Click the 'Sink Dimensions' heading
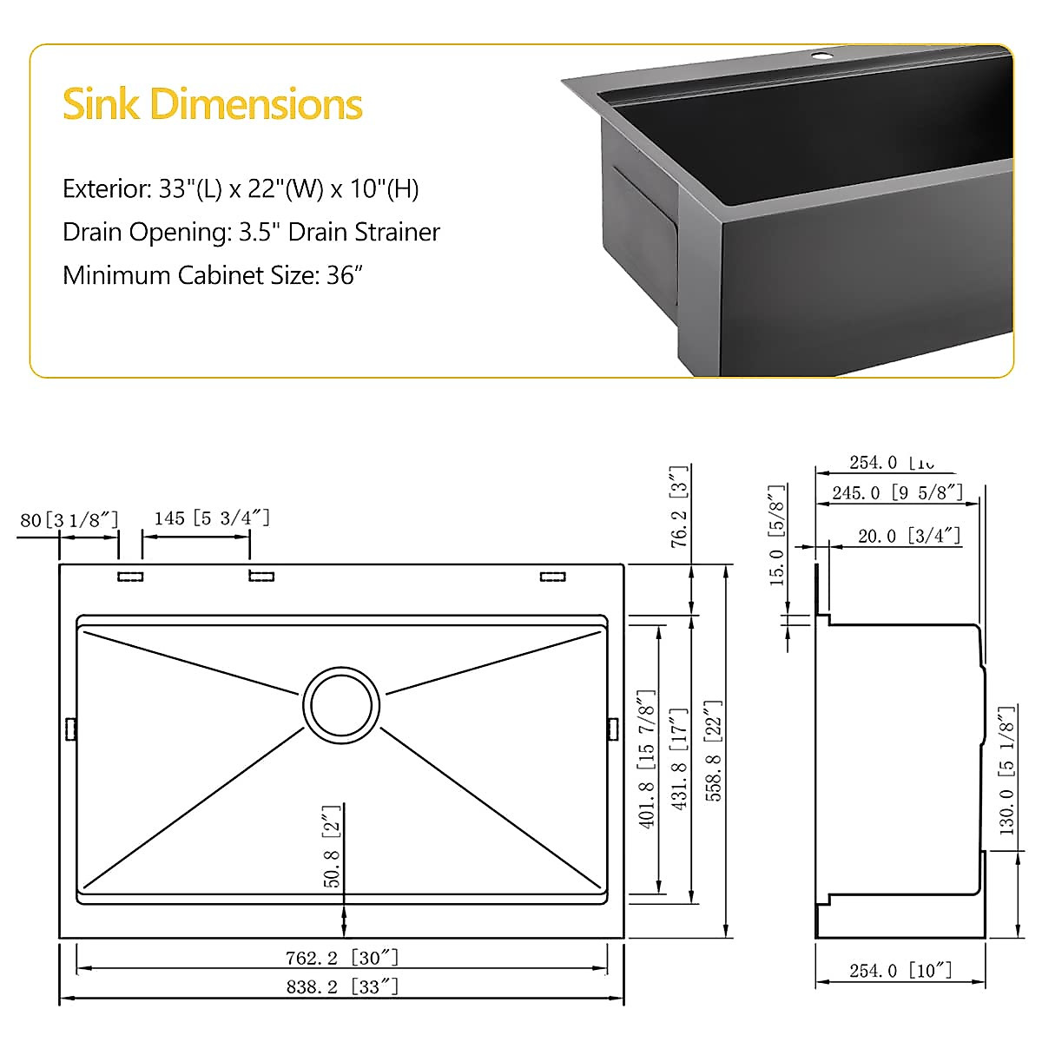(212, 104)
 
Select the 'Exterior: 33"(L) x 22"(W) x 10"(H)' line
(241, 189)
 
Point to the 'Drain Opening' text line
(251, 233)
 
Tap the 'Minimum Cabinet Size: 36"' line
(212, 275)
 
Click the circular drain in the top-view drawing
(341, 704)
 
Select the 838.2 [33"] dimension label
(342, 986)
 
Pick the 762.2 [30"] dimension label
(342, 958)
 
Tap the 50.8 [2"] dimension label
(333, 847)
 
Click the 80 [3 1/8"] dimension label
(69, 519)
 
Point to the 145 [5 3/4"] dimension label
(212, 518)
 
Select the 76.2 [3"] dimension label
(679, 505)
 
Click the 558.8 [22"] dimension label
(714, 751)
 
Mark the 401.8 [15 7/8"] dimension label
(647, 760)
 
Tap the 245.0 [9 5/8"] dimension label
(897, 492)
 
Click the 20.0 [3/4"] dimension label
(909, 536)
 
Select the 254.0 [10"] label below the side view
(900, 970)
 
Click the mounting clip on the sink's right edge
(613, 728)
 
